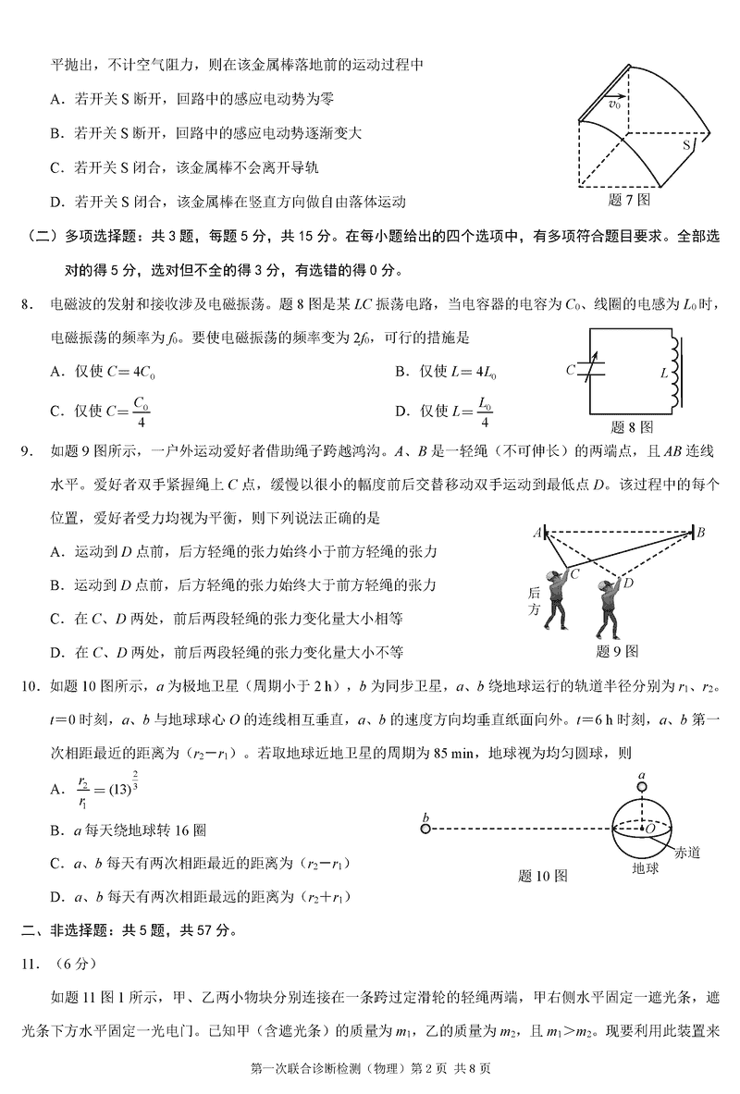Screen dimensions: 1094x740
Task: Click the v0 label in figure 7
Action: click(613, 104)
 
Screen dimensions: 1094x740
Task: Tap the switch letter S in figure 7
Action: click(688, 146)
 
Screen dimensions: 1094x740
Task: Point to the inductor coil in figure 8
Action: click(678, 370)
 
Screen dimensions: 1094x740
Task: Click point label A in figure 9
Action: click(536, 533)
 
